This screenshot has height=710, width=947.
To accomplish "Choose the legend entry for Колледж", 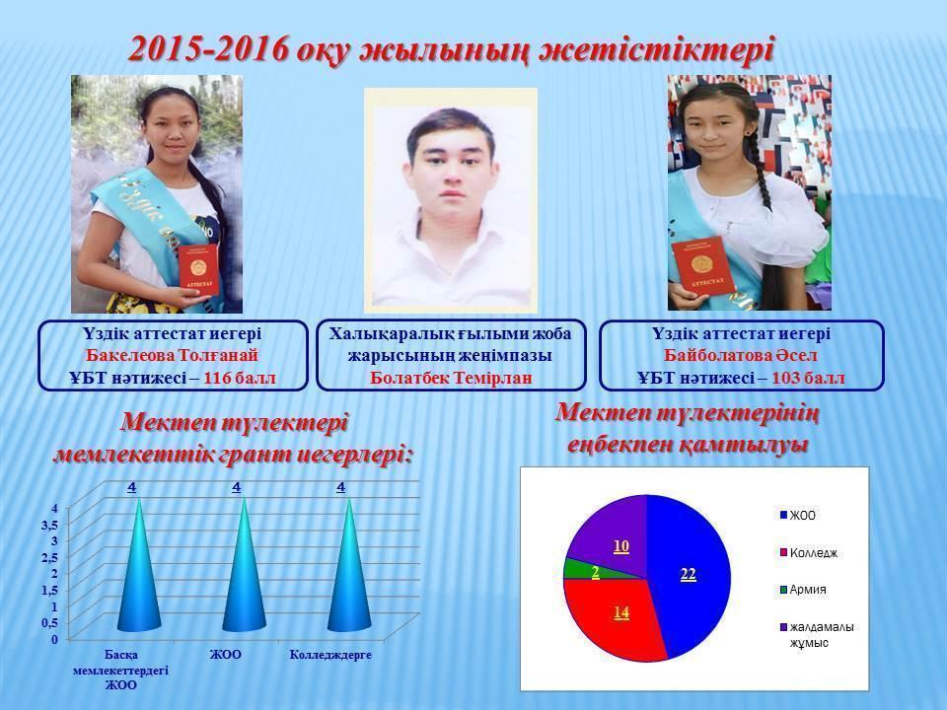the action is click(x=809, y=553).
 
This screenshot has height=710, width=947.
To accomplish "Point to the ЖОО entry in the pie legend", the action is click(x=798, y=515).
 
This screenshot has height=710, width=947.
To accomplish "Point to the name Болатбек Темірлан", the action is click(x=451, y=378).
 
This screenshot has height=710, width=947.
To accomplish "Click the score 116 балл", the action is click(x=240, y=379).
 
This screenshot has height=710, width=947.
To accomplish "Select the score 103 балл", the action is click(x=809, y=379).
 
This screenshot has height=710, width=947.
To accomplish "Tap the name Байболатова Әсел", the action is click(x=741, y=356).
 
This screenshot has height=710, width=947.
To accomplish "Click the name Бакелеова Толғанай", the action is click(x=172, y=356).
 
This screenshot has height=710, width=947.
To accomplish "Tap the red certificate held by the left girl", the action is click(x=198, y=270).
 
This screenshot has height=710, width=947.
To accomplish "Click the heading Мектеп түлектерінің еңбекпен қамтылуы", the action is click(x=688, y=429).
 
